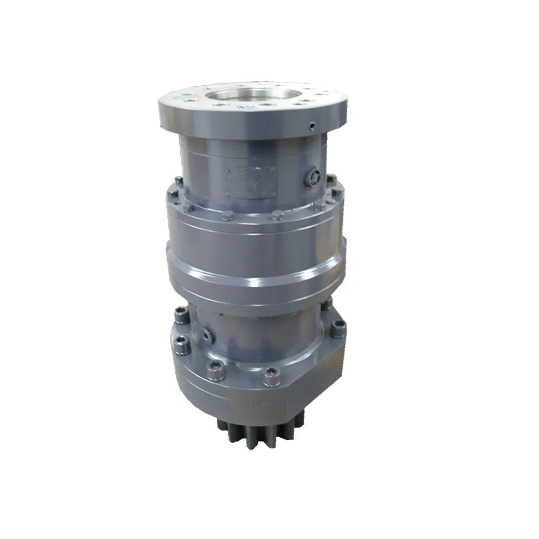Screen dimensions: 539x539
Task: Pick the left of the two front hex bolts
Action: pos(228,216)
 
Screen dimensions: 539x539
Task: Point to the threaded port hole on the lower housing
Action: pos(207,334)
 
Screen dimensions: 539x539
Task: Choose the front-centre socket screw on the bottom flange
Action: pos(271,372)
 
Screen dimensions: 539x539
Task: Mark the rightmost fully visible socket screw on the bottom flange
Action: pos(337,326)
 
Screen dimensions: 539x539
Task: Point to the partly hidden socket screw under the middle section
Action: pos(327,305)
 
